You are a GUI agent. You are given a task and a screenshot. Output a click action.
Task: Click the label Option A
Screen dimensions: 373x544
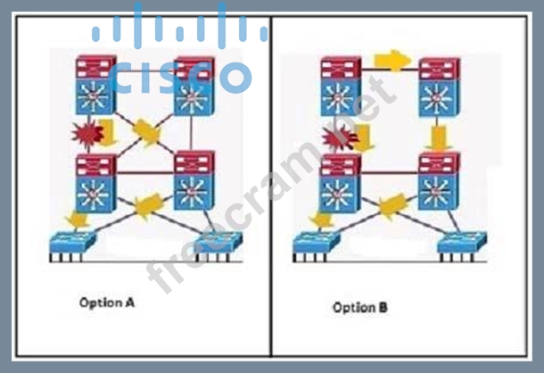coord(106,303)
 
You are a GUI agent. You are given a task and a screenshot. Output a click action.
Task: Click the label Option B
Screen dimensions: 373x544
coord(359,307)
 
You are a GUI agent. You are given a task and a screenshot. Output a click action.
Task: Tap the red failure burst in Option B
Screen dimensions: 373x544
coord(337,137)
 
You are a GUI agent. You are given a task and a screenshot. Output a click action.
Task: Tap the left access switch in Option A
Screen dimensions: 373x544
coord(76,242)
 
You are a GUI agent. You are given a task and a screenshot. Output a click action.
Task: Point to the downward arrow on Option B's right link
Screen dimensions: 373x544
coord(437,137)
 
